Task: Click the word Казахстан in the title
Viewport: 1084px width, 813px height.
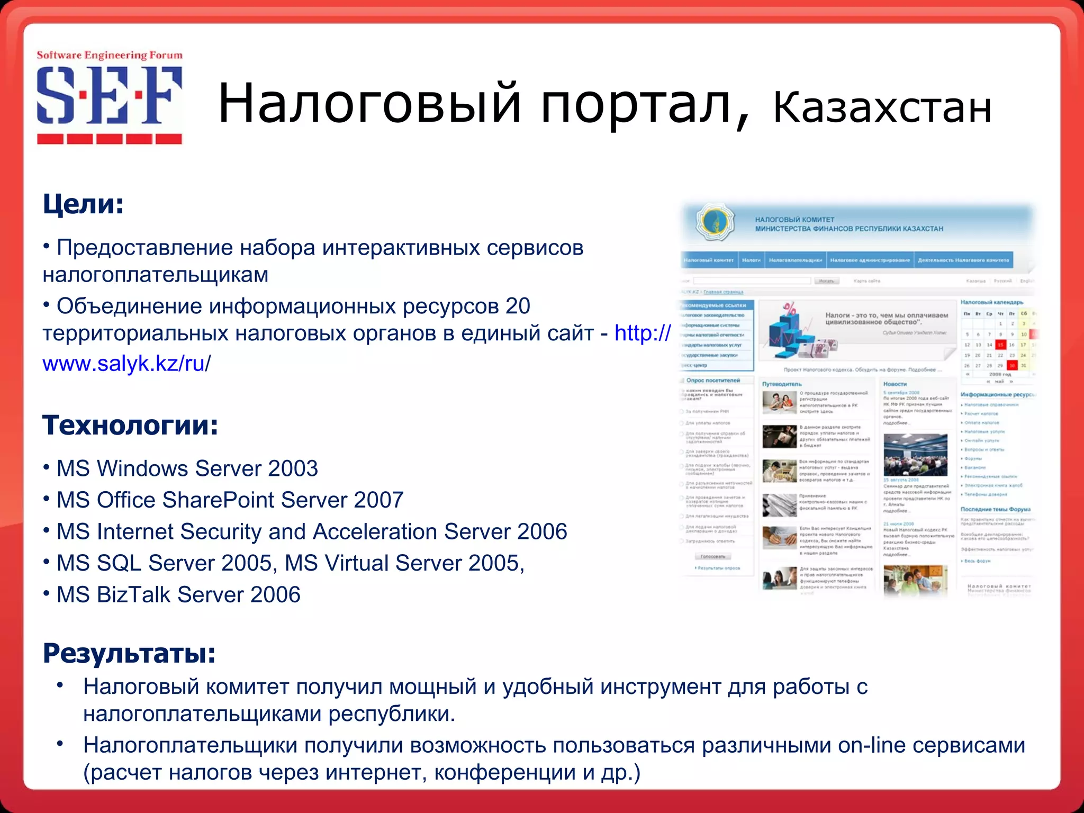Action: (x=882, y=108)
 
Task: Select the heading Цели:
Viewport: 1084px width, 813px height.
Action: (x=83, y=204)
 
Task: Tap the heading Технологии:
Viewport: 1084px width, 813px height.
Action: (x=130, y=425)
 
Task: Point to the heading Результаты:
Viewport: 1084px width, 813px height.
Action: (x=129, y=653)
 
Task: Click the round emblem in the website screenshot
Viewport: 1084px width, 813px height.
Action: (x=715, y=222)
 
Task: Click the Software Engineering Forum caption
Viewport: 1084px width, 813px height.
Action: (x=110, y=56)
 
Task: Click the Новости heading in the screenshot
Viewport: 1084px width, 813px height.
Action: (x=895, y=384)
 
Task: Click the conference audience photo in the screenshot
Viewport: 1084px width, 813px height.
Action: (x=915, y=455)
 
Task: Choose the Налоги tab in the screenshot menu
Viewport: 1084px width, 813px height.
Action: (x=751, y=260)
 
